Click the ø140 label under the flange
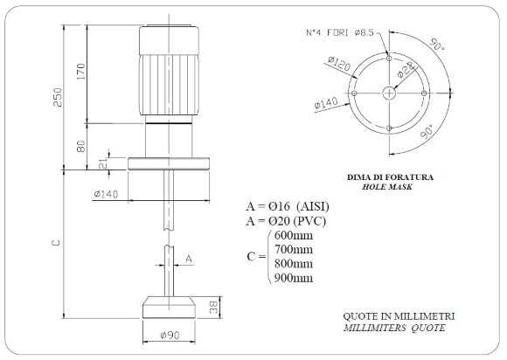[x=105, y=195]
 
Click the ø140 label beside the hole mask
[x=325, y=104]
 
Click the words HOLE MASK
[x=387, y=187]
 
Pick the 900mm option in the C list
[x=294, y=278]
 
